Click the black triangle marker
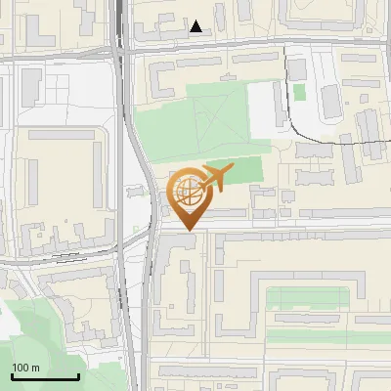(x=196, y=26)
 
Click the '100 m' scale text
(x=25, y=368)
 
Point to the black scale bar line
(x=44, y=377)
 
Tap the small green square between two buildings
(x=299, y=91)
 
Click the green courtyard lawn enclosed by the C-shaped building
(x=303, y=297)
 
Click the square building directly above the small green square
(x=296, y=69)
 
